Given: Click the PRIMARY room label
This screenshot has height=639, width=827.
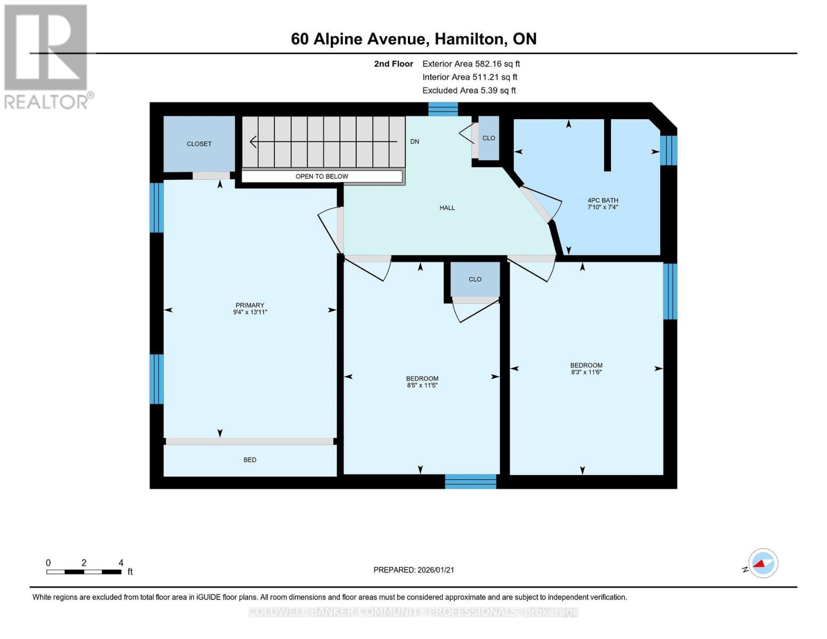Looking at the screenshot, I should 250,305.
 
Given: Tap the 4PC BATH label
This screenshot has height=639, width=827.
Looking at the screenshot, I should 602,200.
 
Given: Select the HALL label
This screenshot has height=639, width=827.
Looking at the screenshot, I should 447,208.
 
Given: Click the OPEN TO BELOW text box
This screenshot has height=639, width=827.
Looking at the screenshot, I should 322,176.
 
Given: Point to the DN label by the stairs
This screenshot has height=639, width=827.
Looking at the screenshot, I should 414,142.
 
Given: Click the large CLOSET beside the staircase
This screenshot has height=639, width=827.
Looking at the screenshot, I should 199,144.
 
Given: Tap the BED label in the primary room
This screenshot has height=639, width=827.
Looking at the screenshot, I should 250,460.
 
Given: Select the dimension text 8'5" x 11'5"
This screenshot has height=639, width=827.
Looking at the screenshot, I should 422,386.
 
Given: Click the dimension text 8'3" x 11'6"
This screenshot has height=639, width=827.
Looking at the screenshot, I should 586,372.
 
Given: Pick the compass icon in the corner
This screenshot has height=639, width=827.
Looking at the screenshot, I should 763,563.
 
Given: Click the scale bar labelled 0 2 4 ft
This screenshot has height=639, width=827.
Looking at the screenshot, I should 84,571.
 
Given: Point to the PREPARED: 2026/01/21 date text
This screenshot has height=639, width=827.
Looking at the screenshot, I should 414,570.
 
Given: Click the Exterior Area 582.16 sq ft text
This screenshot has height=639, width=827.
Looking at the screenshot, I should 471,64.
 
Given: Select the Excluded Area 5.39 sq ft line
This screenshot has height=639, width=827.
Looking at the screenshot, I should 469,91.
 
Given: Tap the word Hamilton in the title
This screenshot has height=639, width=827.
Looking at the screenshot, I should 470,39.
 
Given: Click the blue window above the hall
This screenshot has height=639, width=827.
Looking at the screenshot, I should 443,109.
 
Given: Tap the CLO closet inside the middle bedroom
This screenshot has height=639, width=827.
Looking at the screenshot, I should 475,279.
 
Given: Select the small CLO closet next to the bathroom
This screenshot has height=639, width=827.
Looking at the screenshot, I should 488,138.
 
